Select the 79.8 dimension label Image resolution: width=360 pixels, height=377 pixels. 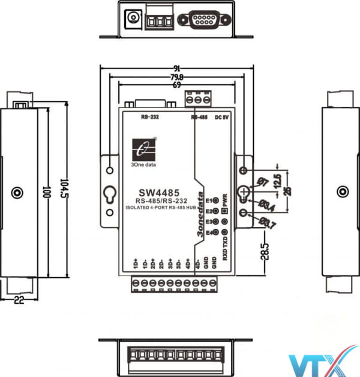click(176, 77)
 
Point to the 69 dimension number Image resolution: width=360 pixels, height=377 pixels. click(176, 86)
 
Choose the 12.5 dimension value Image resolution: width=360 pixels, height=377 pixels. click(277, 179)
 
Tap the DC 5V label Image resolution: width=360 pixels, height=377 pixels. click(222, 117)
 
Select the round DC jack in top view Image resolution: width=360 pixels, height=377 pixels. click(131, 19)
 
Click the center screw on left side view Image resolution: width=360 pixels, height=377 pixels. click(17, 193)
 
